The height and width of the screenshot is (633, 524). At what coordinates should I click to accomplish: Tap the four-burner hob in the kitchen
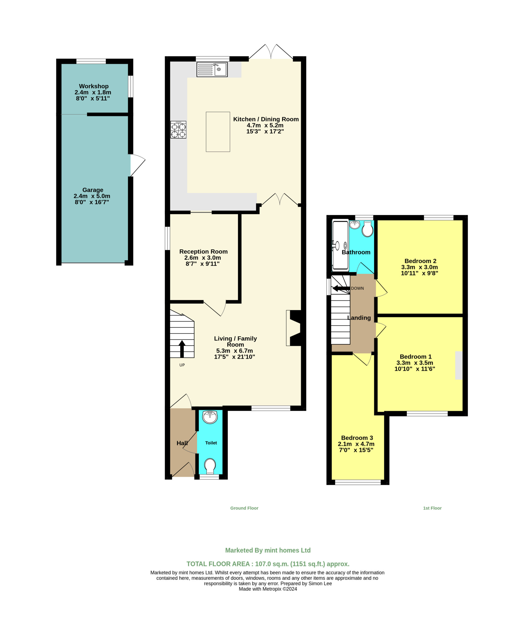click(178, 130)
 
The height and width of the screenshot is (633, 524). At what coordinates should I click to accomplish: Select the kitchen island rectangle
click(218, 132)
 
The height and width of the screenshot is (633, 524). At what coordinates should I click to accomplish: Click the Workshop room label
click(94, 86)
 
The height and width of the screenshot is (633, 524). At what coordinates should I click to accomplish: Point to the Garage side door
click(138, 165)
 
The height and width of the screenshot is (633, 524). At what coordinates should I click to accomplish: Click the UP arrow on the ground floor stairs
click(182, 349)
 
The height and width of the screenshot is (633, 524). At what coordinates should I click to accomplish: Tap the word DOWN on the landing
click(357, 288)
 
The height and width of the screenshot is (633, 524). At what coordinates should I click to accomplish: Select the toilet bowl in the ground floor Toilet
click(210, 466)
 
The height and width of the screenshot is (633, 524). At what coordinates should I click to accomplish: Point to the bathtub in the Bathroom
click(340, 246)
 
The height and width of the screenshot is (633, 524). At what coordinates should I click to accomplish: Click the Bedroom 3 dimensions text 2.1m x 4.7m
click(356, 444)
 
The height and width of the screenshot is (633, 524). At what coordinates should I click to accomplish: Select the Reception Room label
click(203, 251)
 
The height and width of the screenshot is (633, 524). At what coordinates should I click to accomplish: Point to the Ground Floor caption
click(244, 508)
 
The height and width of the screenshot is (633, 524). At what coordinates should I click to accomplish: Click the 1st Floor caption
click(432, 508)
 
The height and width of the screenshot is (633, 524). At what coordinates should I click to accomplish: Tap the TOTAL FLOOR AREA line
click(268, 564)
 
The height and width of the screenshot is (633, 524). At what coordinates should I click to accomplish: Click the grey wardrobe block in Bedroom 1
click(458, 365)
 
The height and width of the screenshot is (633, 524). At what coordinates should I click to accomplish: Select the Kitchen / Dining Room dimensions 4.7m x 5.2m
click(265, 125)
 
